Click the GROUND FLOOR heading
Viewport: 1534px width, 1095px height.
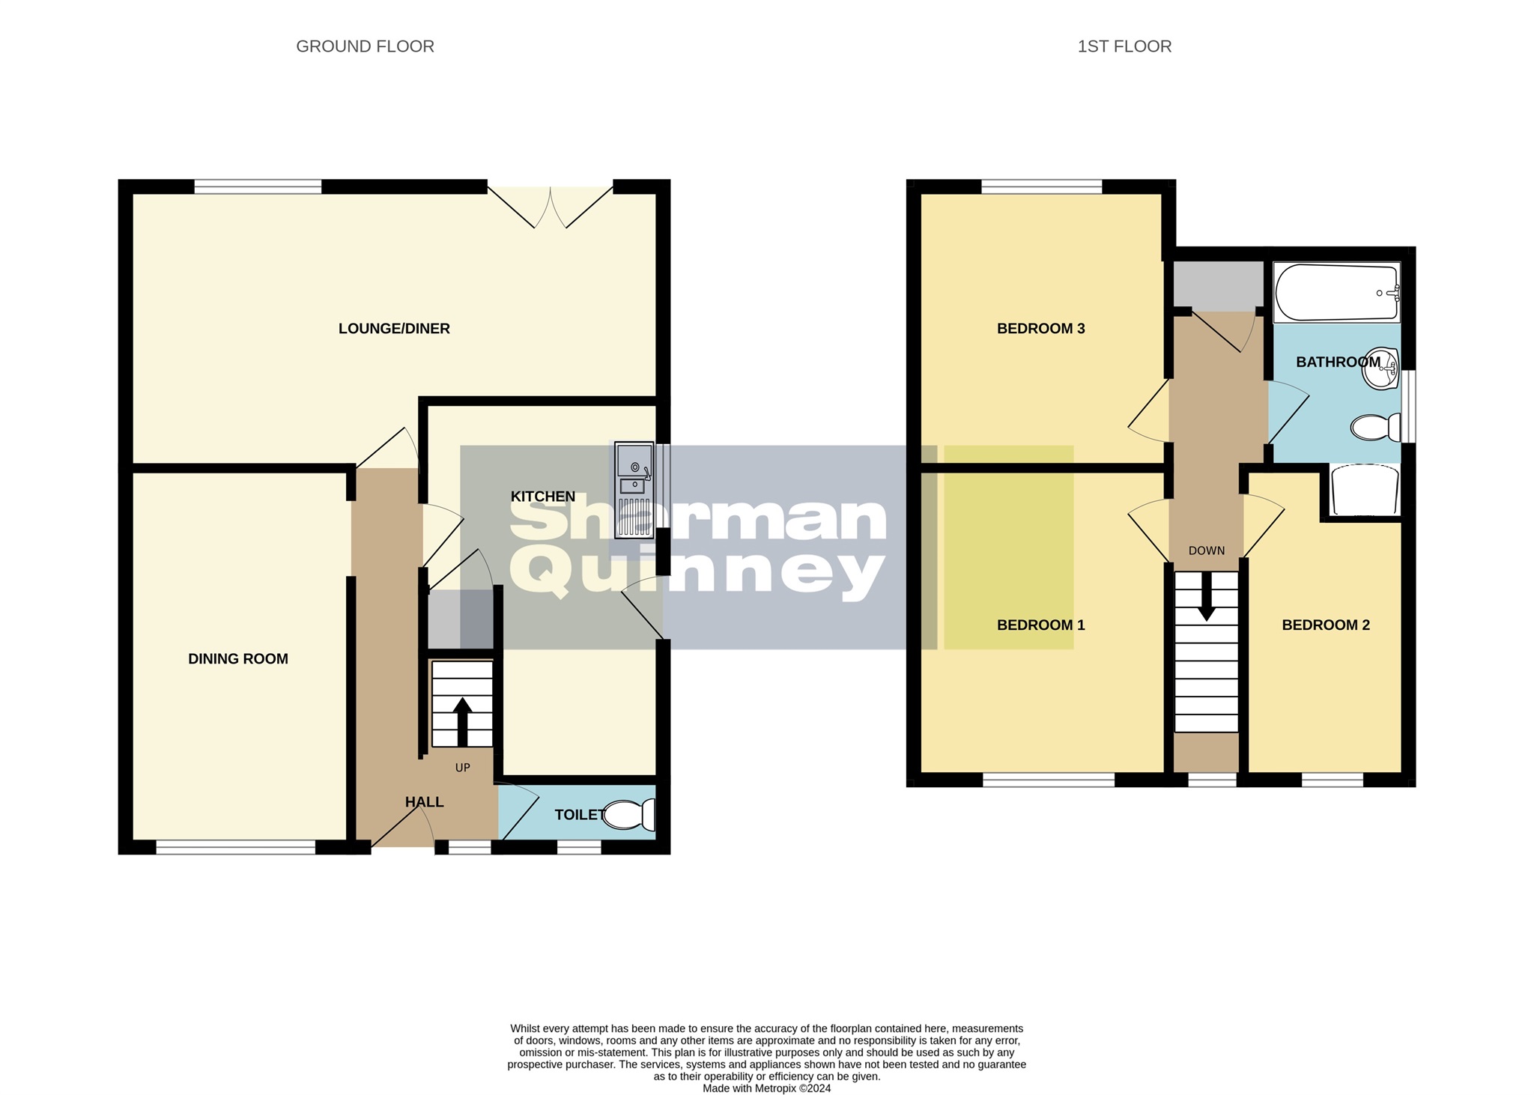point(365,46)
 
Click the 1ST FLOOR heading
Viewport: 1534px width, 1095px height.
point(1124,46)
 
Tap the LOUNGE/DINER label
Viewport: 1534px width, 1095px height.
point(394,328)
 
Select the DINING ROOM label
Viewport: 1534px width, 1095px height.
point(237,658)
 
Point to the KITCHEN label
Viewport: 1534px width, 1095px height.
point(542,496)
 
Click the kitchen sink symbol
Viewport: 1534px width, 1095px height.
point(634,491)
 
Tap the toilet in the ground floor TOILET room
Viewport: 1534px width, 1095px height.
point(629,815)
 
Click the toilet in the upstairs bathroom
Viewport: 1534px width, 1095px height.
point(1375,428)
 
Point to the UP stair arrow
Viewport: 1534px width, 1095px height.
point(462,721)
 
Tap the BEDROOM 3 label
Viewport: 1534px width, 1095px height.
point(1040,328)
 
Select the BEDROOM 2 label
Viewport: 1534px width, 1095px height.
point(1325,625)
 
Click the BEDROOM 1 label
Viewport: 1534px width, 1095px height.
point(1040,625)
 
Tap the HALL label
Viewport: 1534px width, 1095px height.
point(424,802)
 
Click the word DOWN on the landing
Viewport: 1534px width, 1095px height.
point(1206,550)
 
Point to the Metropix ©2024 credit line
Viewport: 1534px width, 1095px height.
point(766,1088)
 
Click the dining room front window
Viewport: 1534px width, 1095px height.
point(235,847)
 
